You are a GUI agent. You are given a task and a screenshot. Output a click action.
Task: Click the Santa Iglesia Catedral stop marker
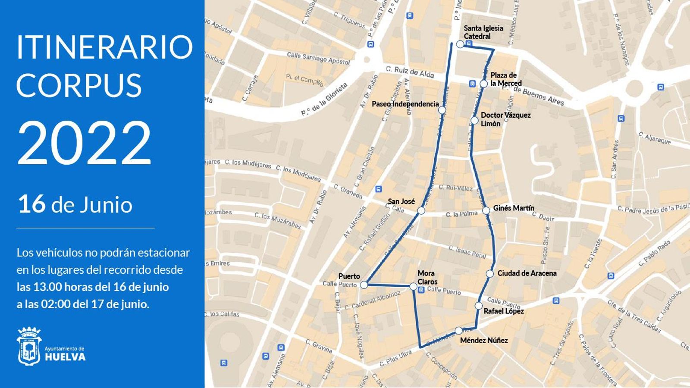(x=460, y=44)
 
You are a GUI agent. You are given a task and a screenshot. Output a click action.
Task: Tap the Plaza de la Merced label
(x=506, y=79)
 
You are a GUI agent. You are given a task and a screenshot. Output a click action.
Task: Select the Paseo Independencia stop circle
(x=442, y=110)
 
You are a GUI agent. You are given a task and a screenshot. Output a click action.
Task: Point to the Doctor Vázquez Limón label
(x=505, y=119)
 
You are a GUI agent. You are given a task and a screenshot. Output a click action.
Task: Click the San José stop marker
(x=421, y=211)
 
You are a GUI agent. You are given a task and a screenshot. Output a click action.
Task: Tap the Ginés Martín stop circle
(x=486, y=211)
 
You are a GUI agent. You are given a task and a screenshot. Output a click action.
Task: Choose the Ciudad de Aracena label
(x=527, y=273)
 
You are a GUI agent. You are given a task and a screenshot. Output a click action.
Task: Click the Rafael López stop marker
(x=479, y=306)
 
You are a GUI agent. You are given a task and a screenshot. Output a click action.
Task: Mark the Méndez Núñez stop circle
(x=458, y=331)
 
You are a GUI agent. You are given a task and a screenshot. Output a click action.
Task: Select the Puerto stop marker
(x=364, y=285)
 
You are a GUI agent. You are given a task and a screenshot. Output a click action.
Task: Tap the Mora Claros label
(x=427, y=277)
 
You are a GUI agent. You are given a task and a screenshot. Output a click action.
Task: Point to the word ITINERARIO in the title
(x=104, y=47)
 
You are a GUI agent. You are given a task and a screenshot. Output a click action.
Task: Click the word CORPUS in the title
(x=79, y=85)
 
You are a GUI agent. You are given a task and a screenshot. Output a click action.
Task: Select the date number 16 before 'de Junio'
(x=31, y=204)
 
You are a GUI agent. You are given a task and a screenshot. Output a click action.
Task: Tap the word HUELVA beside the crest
(x=65, y=357)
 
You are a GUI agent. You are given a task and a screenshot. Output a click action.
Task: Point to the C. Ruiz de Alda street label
(x=410, y=72)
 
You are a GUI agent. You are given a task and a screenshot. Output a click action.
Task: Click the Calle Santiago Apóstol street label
(x=318, y=58)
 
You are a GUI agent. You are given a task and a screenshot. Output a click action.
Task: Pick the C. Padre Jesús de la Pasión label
(x=653, y=209)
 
